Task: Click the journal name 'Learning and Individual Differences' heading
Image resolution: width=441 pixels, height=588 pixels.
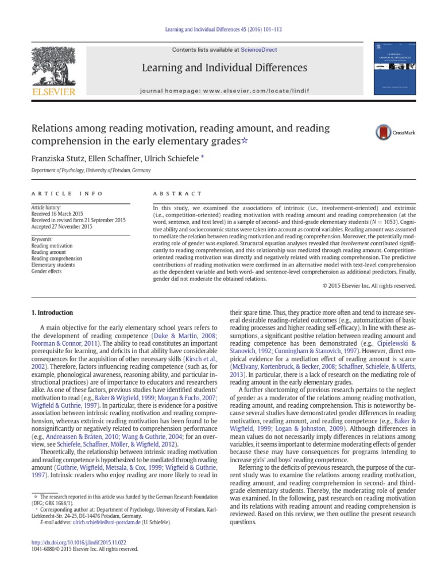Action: (x=225, y=68)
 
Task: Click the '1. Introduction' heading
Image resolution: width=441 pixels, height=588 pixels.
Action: (x=51, y=313)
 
